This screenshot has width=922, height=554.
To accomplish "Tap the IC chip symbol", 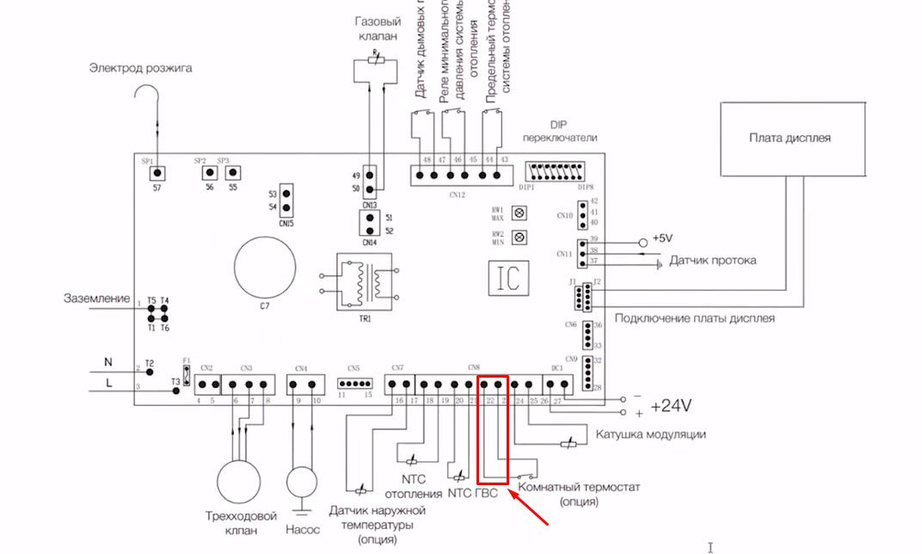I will pyautogui.click(x=505, y=276).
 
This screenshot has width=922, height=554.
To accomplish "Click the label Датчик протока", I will pyautogui.click(x=713, y=261).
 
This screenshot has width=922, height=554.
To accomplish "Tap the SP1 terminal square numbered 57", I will pyautogui.click(x=158, y=174).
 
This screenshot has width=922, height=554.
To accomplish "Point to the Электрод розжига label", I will pyautogui.click(x=141, y=68).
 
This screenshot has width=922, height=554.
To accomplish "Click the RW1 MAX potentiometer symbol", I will pyautogui.click(x=519, y=212).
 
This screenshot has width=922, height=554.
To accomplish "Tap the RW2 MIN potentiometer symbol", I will pyautogui.click(x=519, y=237).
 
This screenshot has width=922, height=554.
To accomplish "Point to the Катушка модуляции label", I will pyautogui.click(x=651, y=434).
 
